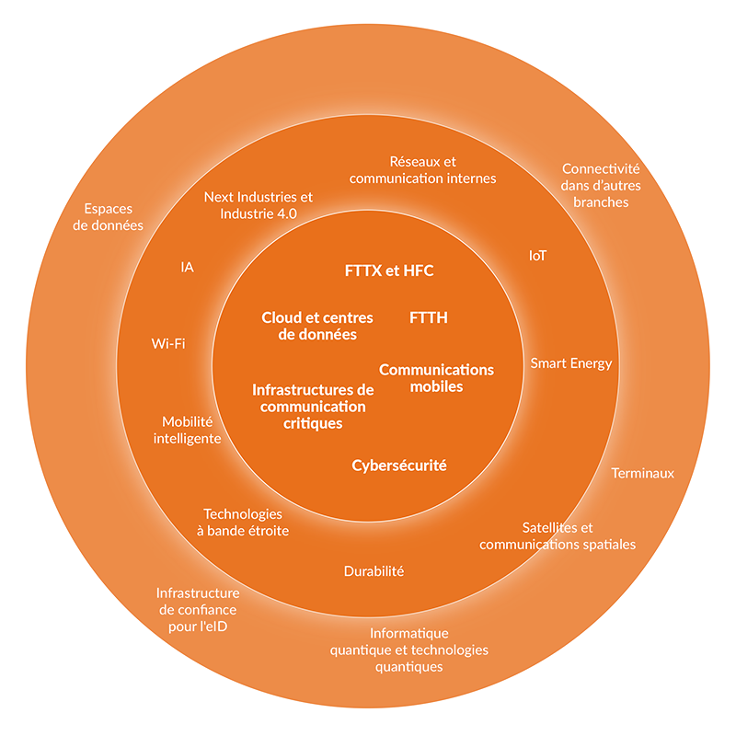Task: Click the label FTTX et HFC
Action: click(x=388, y=271)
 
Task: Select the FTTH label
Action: click(x=428, y=318)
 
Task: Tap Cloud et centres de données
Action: click(x=317, y=327)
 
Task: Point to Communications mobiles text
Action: click(x=436, y=378)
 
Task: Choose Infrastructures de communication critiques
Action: click(x=313, y=407)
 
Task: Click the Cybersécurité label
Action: click(x=399, y=466)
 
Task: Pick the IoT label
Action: click(x=537, y=256)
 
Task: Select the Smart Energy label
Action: click(x=570, y=363)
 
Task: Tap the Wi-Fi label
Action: click(x=168, y=344)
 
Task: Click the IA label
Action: click(x=188, y=268)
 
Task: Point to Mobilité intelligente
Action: click(x=187, y=430)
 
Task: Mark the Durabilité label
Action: click(x=374, y=571)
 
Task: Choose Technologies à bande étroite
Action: click(x=243, y=523)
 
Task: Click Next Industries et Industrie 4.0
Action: click(x=259, y=205)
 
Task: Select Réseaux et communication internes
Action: click(x=423, y=169)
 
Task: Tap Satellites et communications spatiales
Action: click(x=558, y=535)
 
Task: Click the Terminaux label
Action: click(x=643, y=474)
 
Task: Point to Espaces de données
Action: click(x=109, y=216)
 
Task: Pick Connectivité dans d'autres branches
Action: click(x=601, y=185)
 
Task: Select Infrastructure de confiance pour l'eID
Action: click(x=197, y=610)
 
